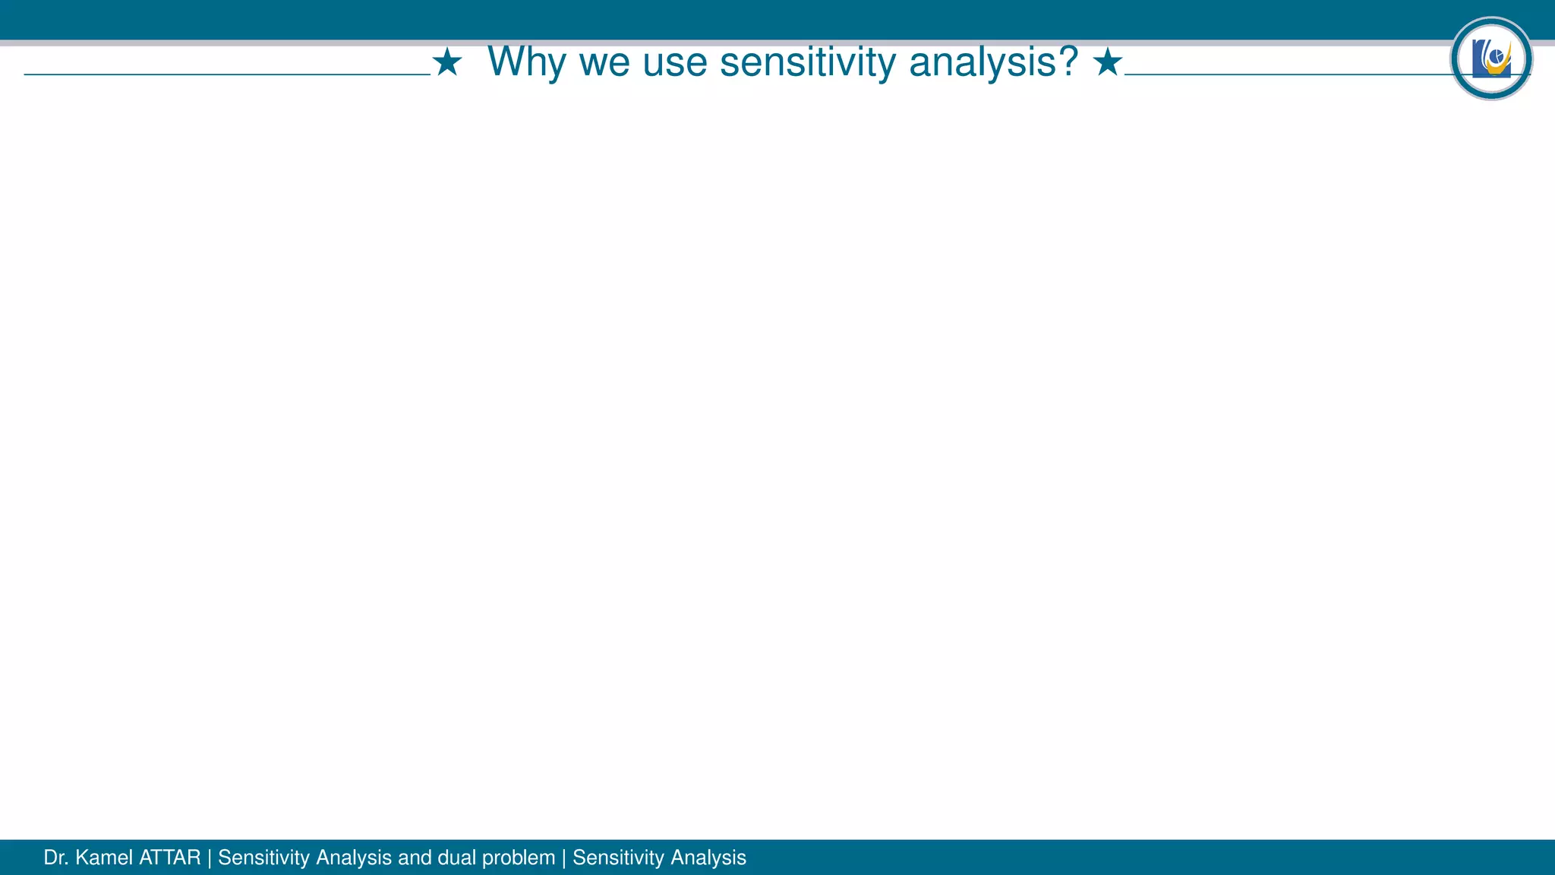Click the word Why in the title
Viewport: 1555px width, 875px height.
pyautogui.click(x=526, y=62)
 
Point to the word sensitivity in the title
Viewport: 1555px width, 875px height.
pyautogui.click(x=808, y=62)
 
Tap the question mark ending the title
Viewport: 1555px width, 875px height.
pyautogui.click(x=1068, y=61)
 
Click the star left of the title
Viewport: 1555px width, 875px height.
pyautogui.click(x=447, y=62)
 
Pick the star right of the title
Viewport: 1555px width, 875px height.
pyautogui.click(x=1108, y=62)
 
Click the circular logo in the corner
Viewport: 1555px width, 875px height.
pyautogui.click(x=1491, y=58)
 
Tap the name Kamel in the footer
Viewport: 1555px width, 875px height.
pyautogui.click(x=105, y=858)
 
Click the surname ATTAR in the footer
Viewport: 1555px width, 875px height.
pyautogui.click(x=170, y=858)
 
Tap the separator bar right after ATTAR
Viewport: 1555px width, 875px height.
pyautogui.click(x=210, y=858)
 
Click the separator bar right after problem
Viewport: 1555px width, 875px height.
pyautogui.click(x=564, y=858)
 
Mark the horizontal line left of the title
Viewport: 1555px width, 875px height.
pyautogui.click(x=227, y=74)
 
